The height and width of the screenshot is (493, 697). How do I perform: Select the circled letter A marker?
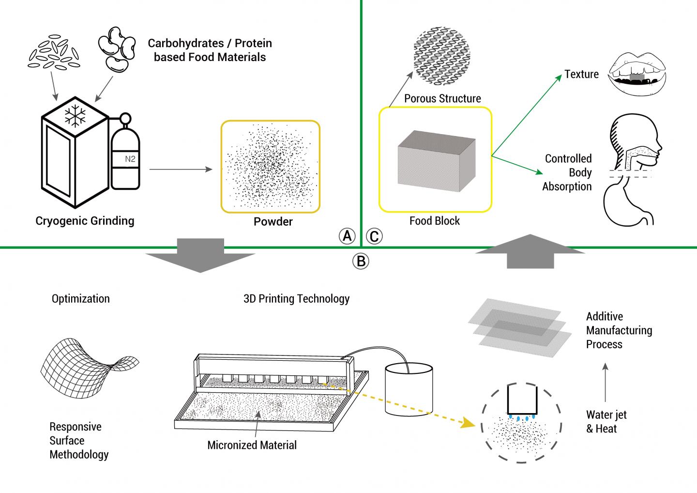tap(347, 236)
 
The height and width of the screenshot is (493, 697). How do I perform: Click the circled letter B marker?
tap(361, 262)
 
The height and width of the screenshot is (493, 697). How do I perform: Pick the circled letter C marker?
tap(374, 236)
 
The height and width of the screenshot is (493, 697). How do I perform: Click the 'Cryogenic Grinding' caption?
tap(85, 221)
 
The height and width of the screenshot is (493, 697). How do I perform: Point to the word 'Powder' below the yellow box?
tap(273, 222)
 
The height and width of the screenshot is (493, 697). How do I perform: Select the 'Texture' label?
tap(581, 75)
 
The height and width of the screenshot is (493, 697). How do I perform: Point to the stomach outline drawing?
tap(629, 203)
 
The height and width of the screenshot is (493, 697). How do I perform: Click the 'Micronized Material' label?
tap(252, 445)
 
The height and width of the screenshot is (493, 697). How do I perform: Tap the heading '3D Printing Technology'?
tap(296, 298)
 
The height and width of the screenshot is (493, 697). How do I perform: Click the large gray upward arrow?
tap(530, 251)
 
